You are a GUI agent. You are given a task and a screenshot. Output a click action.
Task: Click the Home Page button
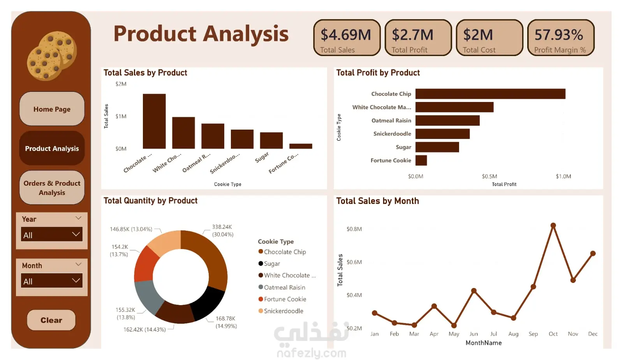(x=52, y=109)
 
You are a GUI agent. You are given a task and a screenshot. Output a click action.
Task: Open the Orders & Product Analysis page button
(x=52, y=188)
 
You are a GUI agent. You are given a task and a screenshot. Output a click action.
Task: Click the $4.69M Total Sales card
(x=347, y=38)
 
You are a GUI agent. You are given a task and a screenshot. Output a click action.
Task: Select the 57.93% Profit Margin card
(x=560, y=38)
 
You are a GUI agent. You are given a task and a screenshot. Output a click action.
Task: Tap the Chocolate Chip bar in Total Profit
(x=490, y=94)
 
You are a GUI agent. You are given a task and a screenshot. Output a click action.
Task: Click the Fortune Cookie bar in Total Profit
(x=421, y=160)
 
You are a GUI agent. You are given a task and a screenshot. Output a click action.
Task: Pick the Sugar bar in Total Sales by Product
(x=271, y=140)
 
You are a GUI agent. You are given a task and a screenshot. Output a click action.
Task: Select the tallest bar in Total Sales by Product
(x=154, y=121)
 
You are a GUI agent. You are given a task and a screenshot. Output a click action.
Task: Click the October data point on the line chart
(x=553, y=225)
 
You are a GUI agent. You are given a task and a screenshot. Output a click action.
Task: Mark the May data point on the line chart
(x=454, y=325)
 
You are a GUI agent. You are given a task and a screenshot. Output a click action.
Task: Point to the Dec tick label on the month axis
(x=593, y=334)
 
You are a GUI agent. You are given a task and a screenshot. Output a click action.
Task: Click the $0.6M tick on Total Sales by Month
(x=354, y=262)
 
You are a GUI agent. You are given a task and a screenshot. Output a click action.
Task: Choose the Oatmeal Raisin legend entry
(x=284, y=287)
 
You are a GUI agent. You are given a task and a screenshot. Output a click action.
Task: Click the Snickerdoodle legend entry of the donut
(x=283, y=311)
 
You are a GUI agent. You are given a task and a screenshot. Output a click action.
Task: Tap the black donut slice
(x=207, y=304)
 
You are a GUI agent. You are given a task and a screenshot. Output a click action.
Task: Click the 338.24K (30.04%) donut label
(x=222, y=230)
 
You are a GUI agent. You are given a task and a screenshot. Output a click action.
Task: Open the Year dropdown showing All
(x=52, y=235)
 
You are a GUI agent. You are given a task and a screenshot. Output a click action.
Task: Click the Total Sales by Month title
(x=377, y=201)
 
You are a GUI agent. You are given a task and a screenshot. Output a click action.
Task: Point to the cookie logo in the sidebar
(x=52, y=56)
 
